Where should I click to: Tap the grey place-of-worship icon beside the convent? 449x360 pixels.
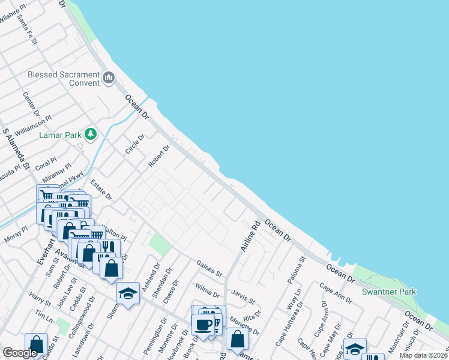[109, 77]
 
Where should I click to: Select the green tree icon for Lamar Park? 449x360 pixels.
[91, 134]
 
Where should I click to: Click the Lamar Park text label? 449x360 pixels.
[60, 135]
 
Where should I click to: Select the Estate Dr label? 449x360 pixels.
[101, 189]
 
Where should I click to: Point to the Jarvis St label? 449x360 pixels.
[243, 295]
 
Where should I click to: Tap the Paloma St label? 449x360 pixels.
[292, 262]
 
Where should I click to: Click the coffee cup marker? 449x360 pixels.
[204, 325]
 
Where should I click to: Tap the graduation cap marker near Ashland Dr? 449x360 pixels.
[128, 293]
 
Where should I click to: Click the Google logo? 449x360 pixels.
[20, 353]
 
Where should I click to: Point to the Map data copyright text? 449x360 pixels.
[424, 355]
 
